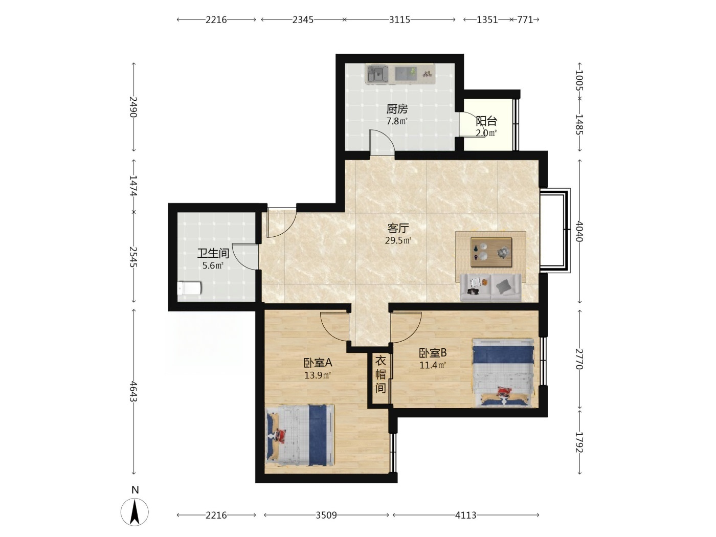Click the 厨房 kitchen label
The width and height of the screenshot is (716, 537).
point(397,109)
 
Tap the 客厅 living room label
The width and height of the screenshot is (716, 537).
point(398,228)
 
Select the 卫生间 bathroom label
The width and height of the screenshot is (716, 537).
point(213,253)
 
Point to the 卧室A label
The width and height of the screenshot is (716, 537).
point(318,363)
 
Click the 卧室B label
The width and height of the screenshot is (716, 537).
point(433,352)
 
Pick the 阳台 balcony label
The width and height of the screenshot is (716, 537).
point(486,121)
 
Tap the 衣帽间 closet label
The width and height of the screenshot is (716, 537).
point(381,375)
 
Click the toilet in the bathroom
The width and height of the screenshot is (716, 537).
point(189,288)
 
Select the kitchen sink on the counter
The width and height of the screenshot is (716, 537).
point(377,74)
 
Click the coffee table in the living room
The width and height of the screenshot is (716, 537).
point(491,252)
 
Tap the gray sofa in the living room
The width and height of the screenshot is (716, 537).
point(490,287)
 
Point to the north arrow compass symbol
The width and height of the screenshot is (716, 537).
point(135,511)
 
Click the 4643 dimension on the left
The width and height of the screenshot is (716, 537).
point(133,392)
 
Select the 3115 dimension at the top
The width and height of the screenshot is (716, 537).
point(399,20)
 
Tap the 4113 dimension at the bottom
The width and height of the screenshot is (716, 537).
point(465,515)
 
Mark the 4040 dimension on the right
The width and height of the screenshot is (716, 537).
point(579,231)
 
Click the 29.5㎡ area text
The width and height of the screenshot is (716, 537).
point(398,240)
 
